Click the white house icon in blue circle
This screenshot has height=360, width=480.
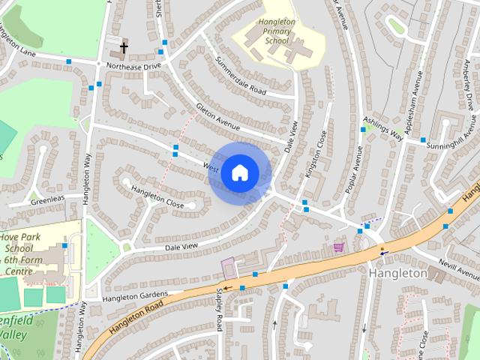click(239, 172)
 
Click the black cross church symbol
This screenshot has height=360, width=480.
click(124, 49)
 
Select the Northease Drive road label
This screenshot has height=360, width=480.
click(133, 66)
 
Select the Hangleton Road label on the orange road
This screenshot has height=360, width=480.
click(135, 318)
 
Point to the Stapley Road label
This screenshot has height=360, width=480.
click(220, 308)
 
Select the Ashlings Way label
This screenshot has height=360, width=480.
click(383, 128)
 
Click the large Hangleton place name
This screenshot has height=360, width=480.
click(397, 274)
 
